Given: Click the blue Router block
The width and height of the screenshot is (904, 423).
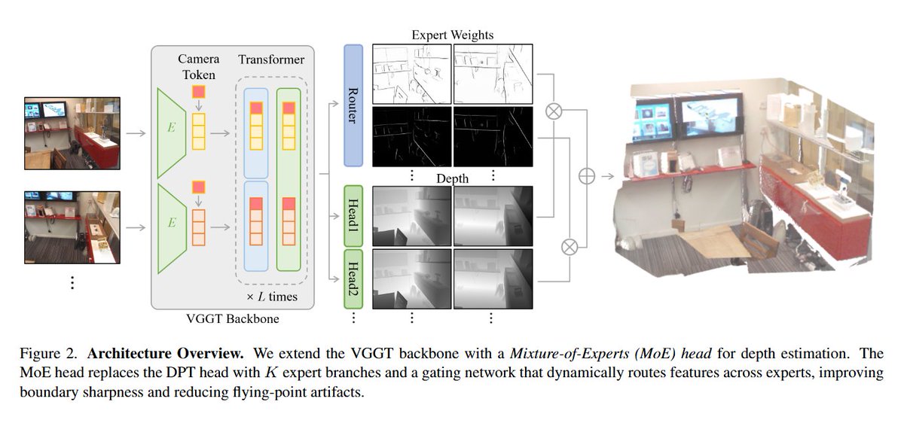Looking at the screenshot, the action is tap(353, 105).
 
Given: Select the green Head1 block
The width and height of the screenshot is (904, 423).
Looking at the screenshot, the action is tap(353, 216).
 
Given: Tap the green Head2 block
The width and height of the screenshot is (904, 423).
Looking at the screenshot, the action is tap(353, 279).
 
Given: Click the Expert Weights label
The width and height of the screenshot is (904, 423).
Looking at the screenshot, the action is tap(453, 35).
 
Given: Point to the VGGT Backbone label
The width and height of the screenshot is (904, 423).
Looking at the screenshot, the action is tap(233, 319).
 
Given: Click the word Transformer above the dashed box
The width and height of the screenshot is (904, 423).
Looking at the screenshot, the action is tap(271, 59).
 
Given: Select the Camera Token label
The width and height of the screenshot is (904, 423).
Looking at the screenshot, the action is tap(199, 67).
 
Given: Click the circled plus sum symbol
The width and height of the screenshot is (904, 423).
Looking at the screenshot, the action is tap(586, 176).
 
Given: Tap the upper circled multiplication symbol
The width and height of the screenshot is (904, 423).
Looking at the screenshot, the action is tap(553, 111).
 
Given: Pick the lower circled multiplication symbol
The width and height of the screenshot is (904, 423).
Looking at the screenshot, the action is tap(570, 247).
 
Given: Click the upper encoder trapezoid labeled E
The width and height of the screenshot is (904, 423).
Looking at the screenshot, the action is tap(172, 133).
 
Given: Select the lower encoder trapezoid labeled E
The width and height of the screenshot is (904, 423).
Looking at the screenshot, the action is tap(172, 229).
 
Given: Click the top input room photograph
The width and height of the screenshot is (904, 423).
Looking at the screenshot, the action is tap(72, 133).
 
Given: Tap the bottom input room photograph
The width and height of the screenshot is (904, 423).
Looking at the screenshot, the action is tap(72, 227).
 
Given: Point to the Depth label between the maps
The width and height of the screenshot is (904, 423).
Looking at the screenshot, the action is tap(453, 178).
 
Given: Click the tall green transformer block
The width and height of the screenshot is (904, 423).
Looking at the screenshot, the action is tap(289, 179).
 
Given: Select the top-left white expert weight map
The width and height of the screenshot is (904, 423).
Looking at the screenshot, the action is tap(411, 74).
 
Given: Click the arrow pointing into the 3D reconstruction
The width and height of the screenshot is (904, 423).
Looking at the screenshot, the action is tap(608, 176).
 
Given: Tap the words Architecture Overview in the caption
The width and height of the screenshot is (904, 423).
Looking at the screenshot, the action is tap(166, 354).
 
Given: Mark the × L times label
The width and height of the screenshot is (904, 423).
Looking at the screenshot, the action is tap(272, 297).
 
